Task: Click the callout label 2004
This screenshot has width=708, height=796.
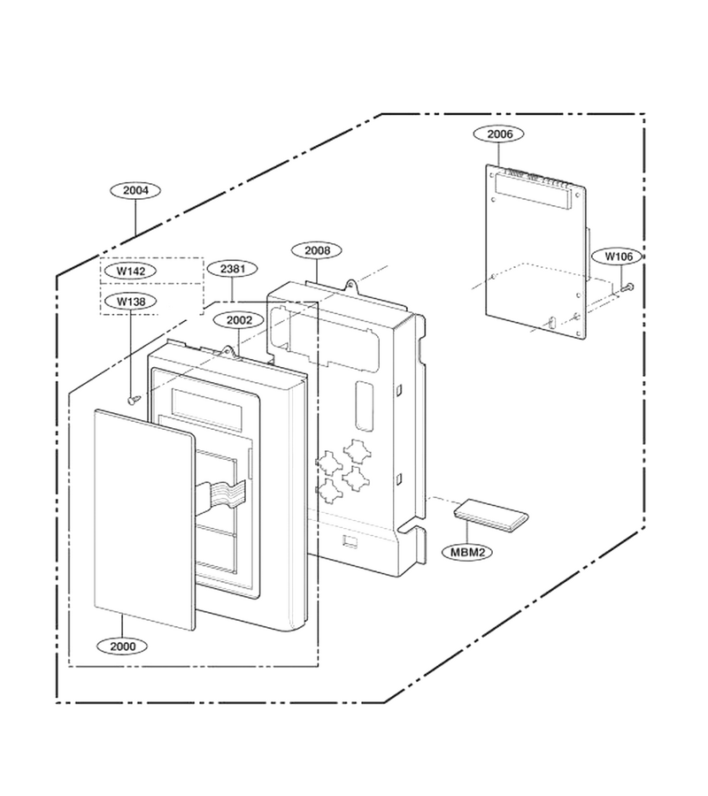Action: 135,190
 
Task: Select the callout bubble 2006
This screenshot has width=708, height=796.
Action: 499,134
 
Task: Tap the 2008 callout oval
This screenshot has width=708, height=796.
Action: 317,250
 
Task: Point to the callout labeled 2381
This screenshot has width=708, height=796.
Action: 233,269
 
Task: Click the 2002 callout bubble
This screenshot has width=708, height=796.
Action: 239,320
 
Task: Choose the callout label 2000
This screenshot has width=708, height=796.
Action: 122,647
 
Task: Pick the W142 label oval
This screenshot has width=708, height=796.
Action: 131,272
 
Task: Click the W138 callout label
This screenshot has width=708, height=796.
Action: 131,302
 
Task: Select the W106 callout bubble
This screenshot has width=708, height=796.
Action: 619,256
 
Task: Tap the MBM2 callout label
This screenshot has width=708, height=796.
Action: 468,552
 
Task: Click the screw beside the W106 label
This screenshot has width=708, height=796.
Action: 627,287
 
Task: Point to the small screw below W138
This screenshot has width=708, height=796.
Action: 134,401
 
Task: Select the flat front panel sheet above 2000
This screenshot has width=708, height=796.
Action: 145,520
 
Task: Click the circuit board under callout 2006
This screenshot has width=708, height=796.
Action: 535,252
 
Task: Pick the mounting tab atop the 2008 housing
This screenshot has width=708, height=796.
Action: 350,286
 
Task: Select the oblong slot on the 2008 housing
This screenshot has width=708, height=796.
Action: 364,406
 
